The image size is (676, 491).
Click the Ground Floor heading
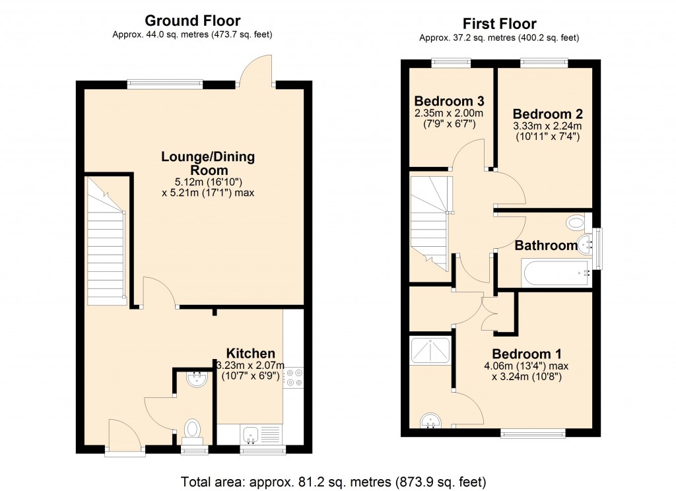192,21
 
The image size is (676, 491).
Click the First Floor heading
499,24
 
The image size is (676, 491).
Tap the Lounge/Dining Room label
208,163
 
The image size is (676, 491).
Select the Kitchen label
250,353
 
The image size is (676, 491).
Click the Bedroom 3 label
449,102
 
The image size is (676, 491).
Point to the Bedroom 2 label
547,113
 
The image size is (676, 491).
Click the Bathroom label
546,245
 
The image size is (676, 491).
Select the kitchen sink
251,434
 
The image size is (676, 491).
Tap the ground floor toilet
192,430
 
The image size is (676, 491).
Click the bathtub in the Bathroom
555,272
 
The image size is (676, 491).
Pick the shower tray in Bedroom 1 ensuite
430,350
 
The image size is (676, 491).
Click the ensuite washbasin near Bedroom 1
431,420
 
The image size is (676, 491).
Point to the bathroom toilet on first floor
575,222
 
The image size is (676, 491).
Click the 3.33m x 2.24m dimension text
547,126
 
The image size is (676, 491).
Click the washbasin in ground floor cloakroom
197,379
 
